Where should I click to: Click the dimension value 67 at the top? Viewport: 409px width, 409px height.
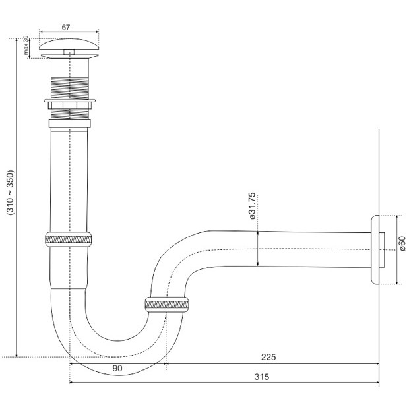66,28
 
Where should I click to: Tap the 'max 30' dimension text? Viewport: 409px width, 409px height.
26,45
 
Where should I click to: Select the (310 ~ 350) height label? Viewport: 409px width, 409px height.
11,193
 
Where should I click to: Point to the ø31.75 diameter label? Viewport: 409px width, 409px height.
252,206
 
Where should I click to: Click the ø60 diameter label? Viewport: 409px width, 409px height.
403,243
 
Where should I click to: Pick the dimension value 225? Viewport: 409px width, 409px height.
268,357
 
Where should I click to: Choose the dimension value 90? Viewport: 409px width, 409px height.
117,368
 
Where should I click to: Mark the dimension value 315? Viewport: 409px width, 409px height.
262,377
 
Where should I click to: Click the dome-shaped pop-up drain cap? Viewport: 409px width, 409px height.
69,44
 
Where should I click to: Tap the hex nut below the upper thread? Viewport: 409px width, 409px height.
70,106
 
